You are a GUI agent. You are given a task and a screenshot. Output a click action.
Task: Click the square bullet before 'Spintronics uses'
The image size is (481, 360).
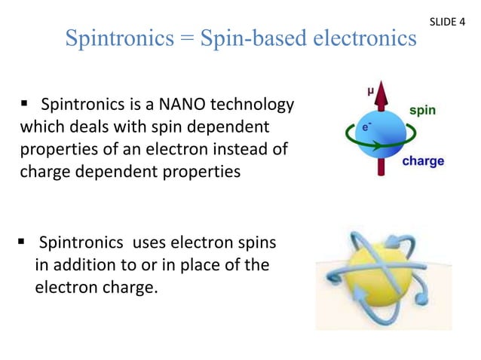(23, 244)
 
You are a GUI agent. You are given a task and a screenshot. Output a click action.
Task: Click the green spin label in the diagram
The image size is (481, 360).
(421, 110)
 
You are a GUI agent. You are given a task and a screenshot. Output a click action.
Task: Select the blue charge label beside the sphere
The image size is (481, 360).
(422, 160)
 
